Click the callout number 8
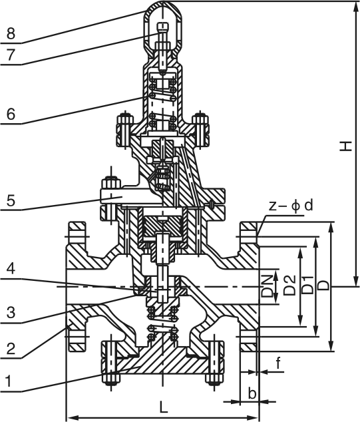pyautogui.click(x=11, y=34)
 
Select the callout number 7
pyautogui.click(x=11, y=55)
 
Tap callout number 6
pyautogui.click(x=11, y=114)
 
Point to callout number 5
pyautogui.click(x=11, y=200)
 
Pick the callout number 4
pyautogui.click(x=11, y=269)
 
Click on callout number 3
pyautogui.click(x=11, y=313)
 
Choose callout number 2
pyautogui.click(x=11, y=349)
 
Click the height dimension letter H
pyautogui.click(x=346, y=146)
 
